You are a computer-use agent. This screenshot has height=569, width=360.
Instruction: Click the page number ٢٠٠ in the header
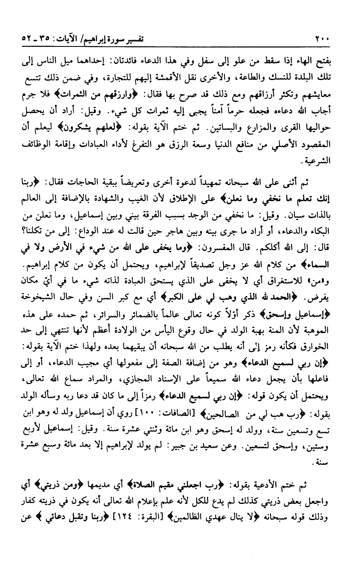[x=322, y=40]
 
